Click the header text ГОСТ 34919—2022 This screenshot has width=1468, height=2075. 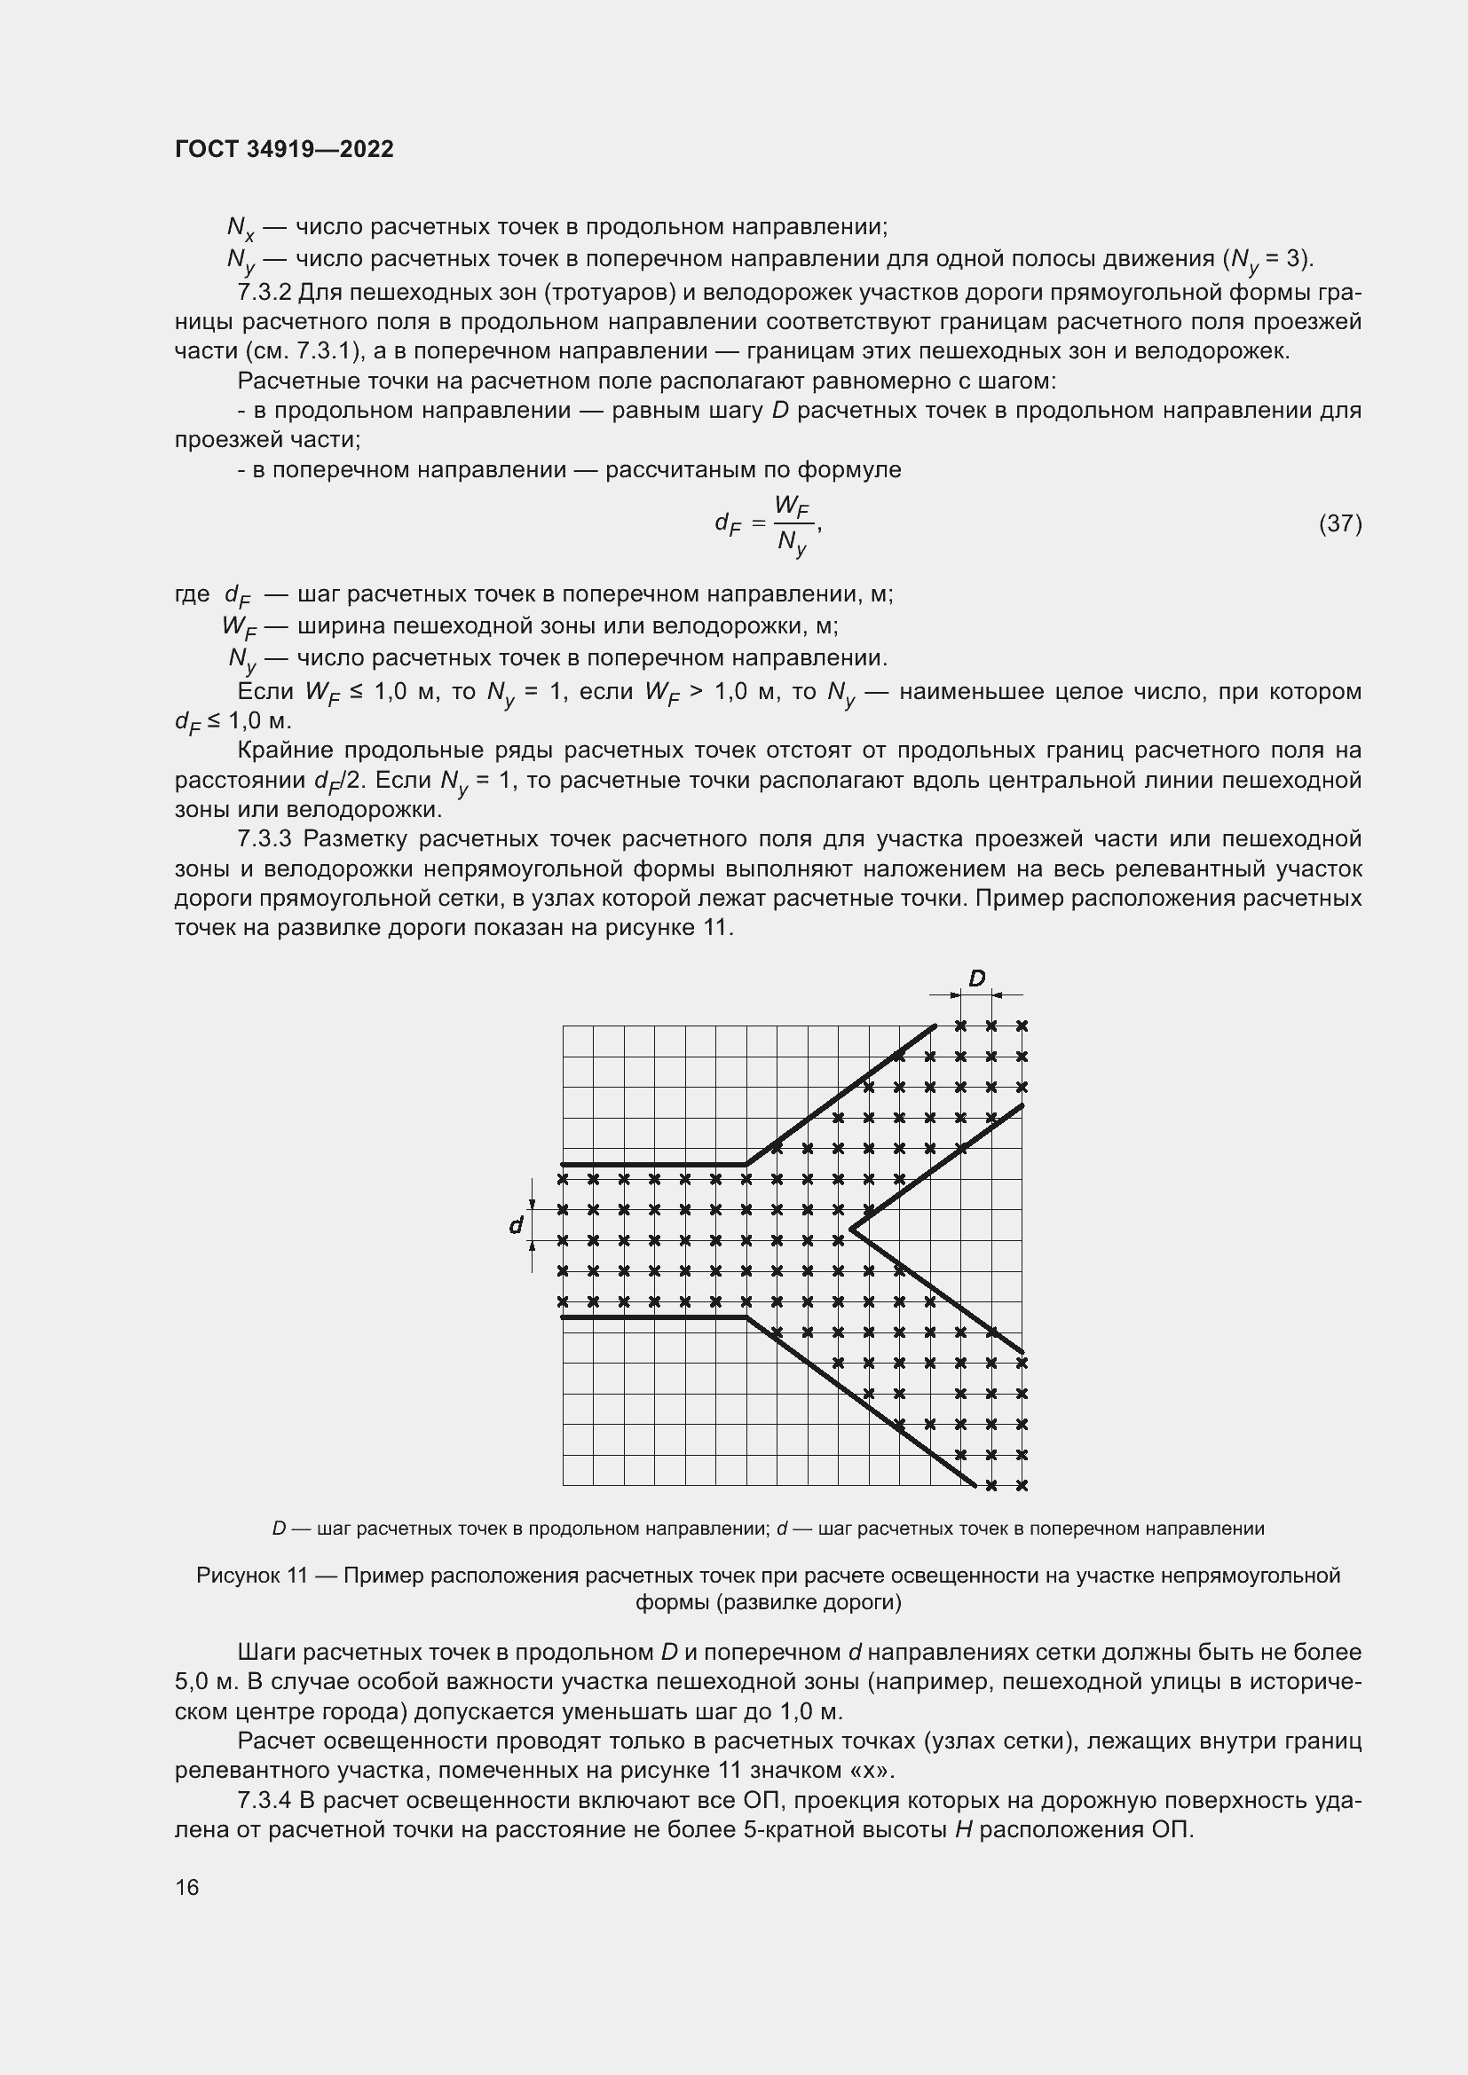click(284, 149)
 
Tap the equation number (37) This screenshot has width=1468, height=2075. click(1339, 523)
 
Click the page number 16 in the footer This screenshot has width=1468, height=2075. click(187, 1887)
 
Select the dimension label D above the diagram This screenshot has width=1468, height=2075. click(976, 979)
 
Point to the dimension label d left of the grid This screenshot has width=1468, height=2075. click(516, 1225)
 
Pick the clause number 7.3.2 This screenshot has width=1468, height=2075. click(264, 293)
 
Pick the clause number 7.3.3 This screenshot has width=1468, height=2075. click(264, 838)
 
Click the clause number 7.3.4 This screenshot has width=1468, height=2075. click(264, 1800)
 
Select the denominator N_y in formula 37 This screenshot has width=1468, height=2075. click(792, 543)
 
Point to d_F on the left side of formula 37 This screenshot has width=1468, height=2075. click(728, 523)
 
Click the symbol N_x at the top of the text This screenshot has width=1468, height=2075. click(241, 228)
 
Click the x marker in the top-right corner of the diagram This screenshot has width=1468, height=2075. click(1022, 1026)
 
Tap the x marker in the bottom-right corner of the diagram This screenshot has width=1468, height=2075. click(1022, 1485)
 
